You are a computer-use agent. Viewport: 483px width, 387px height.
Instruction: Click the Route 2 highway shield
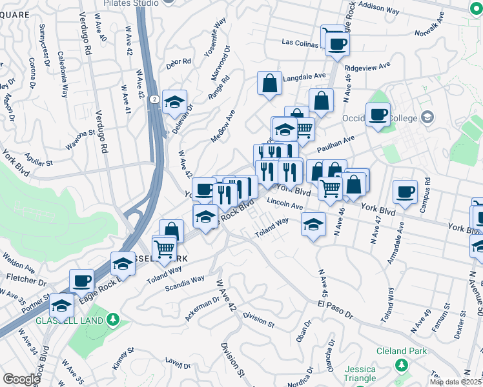(153, 99)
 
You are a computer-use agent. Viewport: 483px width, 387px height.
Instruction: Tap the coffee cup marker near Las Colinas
(338, 44)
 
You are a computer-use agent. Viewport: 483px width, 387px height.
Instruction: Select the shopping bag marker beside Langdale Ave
(269, 83)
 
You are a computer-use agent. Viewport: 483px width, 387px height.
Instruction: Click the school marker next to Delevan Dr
(174, 102)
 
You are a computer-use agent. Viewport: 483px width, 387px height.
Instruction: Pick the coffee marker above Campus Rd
(405, 192)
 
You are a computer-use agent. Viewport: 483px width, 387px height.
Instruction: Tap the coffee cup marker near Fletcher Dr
(82, 281)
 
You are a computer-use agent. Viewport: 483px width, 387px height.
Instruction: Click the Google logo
(21, 379)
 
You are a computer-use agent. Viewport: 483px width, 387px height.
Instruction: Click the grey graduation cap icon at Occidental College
(427, 117)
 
